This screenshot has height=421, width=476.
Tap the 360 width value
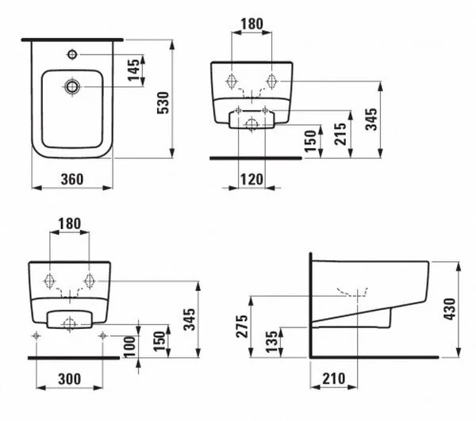72,179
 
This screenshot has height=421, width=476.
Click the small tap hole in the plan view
73,55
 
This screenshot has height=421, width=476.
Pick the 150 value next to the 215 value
311,140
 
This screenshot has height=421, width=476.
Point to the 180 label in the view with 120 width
251,24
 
